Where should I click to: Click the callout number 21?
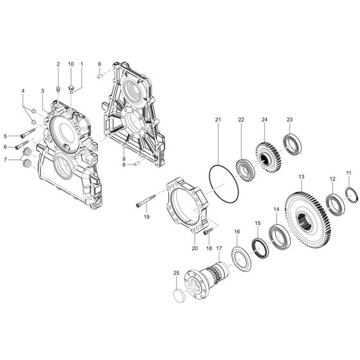click(218, 120)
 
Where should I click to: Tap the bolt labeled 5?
click(26, 136)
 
